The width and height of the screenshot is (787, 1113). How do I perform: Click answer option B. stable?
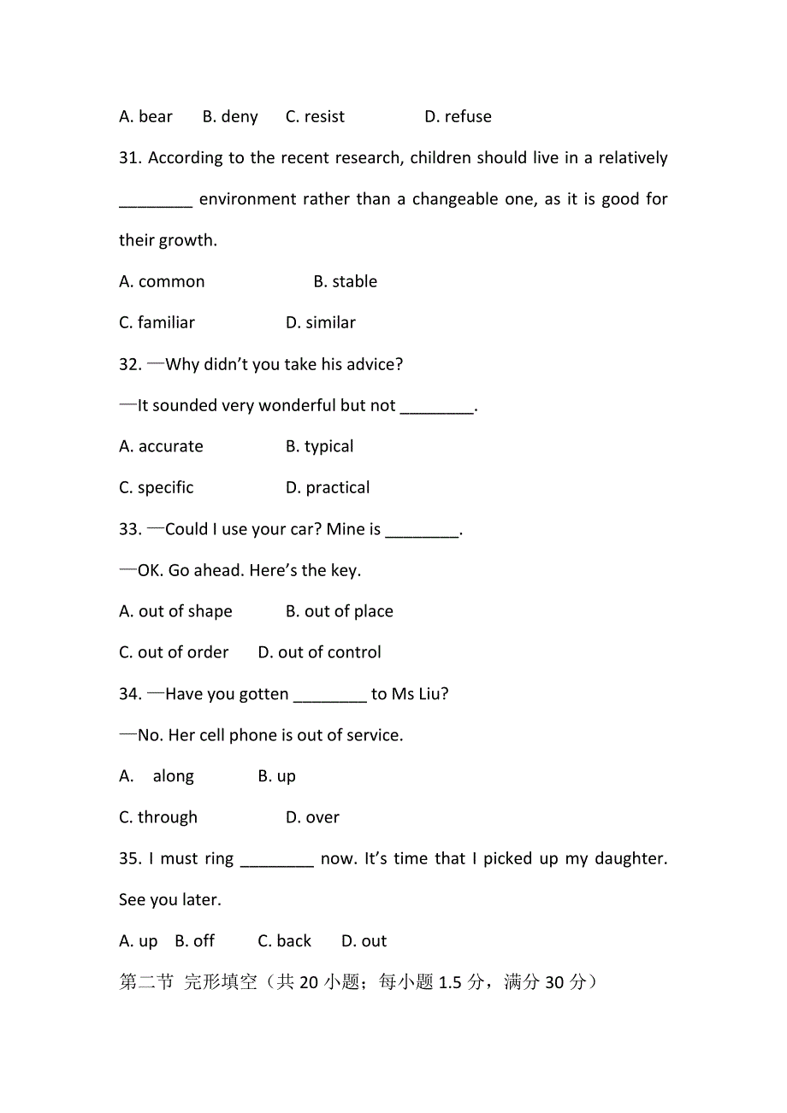pyautogui.click(x=345, y=282)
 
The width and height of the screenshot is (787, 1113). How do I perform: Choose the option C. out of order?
pyautogui.click(x=174, y=653)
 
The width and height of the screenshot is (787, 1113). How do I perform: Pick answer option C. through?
pyautogui.click(x=158, y=818)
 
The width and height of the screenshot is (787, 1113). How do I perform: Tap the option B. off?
pyautogui.click(x=194, y=941)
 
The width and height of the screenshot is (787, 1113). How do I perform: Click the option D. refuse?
pyautogui.click(x=458, y=117)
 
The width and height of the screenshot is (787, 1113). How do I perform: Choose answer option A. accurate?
pyautogui.click(x=161, y=447)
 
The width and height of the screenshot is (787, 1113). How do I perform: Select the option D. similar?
pyautogui.click(x=320, y=323)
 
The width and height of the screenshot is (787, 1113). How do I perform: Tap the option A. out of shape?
pyautogui.click(x=175, y=612)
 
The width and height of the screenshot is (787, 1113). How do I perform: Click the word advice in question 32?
pyautogui.click(x=370, y=365)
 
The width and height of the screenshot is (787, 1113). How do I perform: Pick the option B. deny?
pyautogui.click(x=230, y=117)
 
